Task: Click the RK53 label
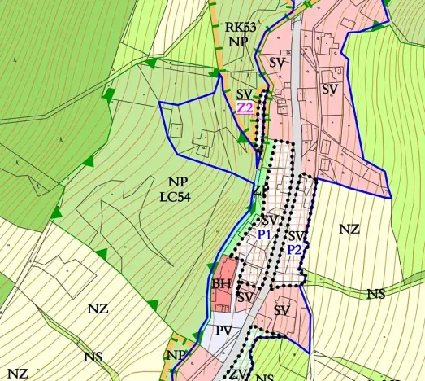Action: point(240,27)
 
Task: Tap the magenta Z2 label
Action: point(245,107)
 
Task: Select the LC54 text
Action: point(181,195)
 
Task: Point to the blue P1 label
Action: point(264,234)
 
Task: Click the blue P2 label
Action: point(294,250)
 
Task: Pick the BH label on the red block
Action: point(222,284)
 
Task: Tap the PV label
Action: point(225,331)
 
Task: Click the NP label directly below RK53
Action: point(238,41)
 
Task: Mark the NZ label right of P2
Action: point(349,230)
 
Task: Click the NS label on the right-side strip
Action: point(375,294)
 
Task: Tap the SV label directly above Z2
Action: point(245,94)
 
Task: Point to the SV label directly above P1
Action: point(271,221)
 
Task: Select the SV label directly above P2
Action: point(297,236)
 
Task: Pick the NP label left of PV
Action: point(176,355)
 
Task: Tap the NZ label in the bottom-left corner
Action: point(18,374)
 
